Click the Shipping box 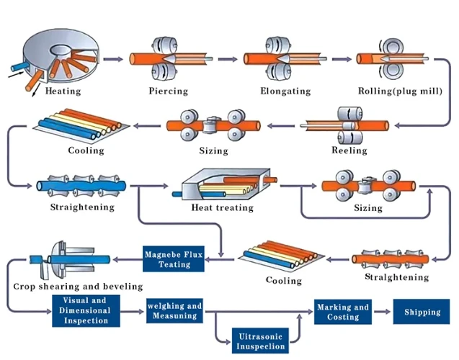click(422, 312)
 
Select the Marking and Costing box click(343, 312)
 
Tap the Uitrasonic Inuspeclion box click(260, 341)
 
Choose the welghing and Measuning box click(174, 310)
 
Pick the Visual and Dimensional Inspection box click(86, 310)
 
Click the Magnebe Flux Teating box click(174, 259)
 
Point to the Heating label click(63, 91)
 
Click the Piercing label click(169, 91)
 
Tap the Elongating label click(285, 91)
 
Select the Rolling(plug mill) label click(400, 91)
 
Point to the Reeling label click(349, 150)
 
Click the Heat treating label click(223, 207)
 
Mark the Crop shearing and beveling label click(78, 287)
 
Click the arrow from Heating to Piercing click(113, 59)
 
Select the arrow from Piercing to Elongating click(228, 59)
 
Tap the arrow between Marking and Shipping click(383, 312)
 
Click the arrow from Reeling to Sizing click(281, 126)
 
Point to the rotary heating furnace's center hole click(61, 50)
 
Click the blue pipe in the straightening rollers click(81, 186)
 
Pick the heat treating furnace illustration click(225, 184)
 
